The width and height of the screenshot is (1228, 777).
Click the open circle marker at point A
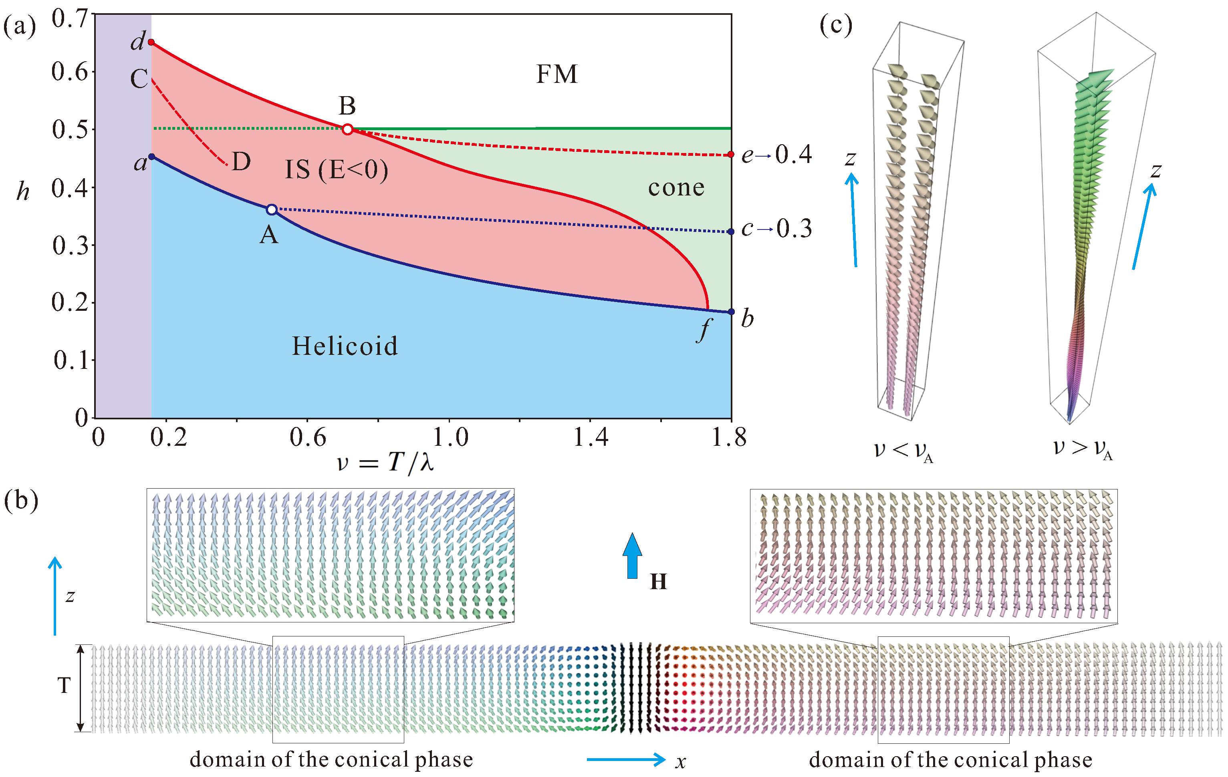point(272,209)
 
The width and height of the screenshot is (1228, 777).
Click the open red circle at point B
point(347,129)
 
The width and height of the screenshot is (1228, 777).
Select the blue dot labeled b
point(731,312)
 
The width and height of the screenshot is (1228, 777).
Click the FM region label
point(557,74)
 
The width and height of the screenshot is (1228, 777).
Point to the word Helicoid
point(344,346)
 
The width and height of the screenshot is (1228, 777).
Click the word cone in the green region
point(676,187)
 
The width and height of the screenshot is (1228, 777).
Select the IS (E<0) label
point(336,170)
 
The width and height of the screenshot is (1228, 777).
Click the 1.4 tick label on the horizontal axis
point(591,437)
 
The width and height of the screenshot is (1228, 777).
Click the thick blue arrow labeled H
point(632,556)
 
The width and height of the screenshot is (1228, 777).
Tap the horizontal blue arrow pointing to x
point(626,760)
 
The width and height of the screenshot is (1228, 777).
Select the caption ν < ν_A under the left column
point(903,451)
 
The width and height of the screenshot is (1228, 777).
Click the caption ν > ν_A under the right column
point(1082,449)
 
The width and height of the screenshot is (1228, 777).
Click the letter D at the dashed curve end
point(241,162)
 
